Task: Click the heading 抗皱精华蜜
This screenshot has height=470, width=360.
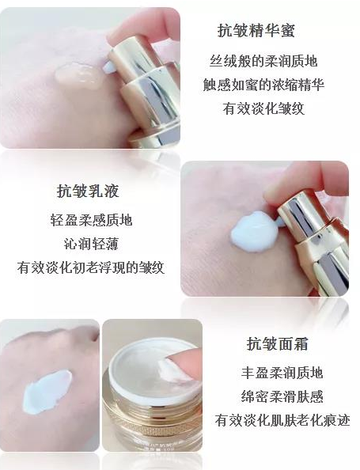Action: pyautogui.click(x=256, y=30)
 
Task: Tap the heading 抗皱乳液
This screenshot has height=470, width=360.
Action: pyautogui.click(x=88, y=191)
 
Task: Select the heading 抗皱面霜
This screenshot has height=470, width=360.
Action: pyautogui.click(x=277, y=343)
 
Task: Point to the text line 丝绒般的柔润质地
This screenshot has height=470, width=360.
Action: pyautogui.click(x=263, y=61)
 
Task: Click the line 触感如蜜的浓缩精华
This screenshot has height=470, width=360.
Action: pyautogui.click(x=263, y=85)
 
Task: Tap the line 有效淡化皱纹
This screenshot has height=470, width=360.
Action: pyautogui.click(x=263, y=108)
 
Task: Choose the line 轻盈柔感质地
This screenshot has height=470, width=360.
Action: pyautogui.click(x=91, y=220)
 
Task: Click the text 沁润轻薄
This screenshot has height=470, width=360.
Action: pyautogui.click(x=91, y=244)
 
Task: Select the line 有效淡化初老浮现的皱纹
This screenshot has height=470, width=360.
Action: pyautogui.click(x=91, y=267)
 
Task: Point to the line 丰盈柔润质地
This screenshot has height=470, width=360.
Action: pyautogui.click(x=282, y=373)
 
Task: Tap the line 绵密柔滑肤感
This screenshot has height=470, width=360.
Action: pyautogui.click(x=282, y=396)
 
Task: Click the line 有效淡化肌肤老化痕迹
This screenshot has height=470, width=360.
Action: pyautogui.click(x=282, y=420)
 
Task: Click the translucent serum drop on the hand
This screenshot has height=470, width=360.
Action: pyautogui.click(x=79, y=77)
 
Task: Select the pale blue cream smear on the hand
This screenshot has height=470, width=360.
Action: pyautogui.click(x=47, y=392)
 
